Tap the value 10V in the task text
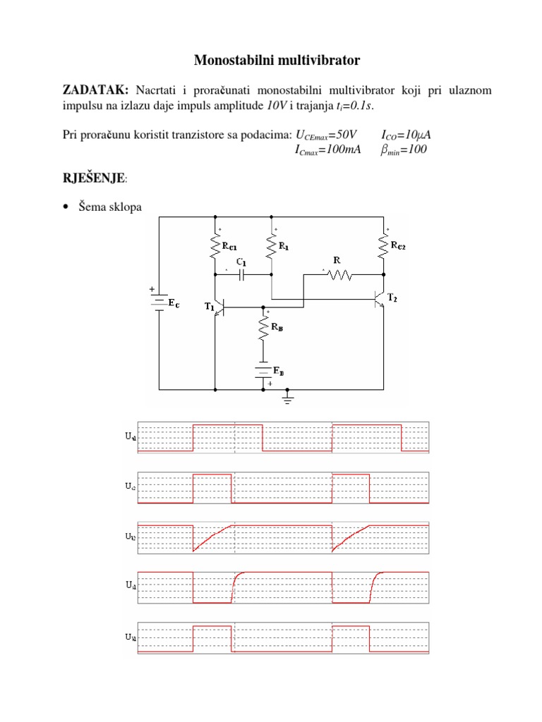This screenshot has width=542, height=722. coord(276,106)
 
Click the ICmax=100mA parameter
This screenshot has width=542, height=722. coord(326,149)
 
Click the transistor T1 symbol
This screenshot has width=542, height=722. coord(218,307)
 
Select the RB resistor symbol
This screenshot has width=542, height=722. coord(263,328)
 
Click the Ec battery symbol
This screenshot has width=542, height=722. coord(159,302)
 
